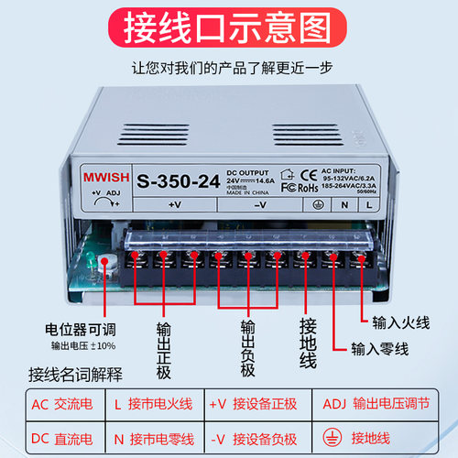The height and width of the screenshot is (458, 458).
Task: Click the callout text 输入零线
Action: (x=376, y=348)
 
